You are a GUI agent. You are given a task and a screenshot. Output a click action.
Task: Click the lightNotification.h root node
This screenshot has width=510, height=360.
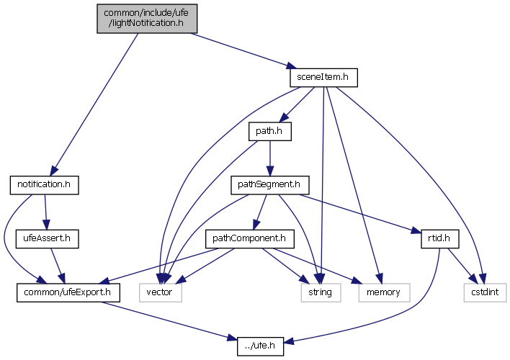pos(147,17)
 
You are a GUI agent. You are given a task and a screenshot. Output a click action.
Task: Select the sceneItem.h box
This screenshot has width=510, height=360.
pos(323,76)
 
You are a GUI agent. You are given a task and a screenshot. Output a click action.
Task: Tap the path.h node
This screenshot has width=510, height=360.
pos(268,131)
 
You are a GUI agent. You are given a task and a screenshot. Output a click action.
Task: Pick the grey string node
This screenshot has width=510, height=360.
pos(316,292)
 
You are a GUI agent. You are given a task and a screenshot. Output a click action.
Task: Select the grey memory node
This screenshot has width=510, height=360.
pos(381,292)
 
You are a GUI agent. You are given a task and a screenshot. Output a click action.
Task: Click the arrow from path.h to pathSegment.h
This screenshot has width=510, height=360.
pos(269,158)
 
